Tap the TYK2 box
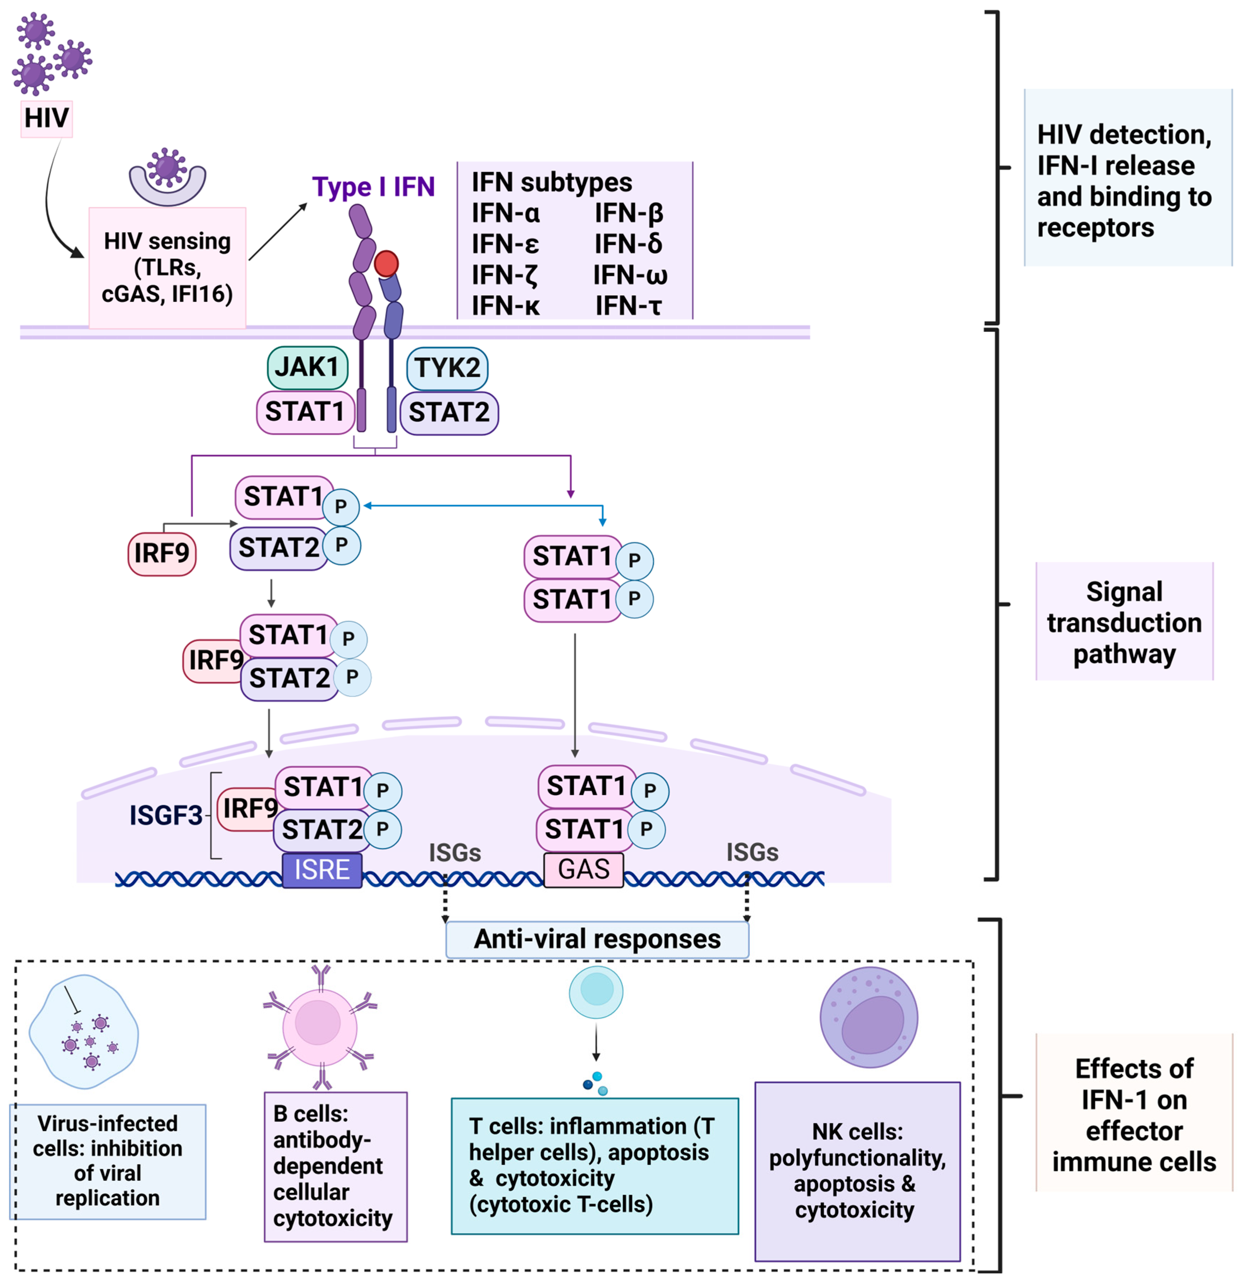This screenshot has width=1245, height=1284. [447, 368]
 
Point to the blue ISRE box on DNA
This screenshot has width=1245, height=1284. [322, 870]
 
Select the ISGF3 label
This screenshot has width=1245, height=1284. [166, 815]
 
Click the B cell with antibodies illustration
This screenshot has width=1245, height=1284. [320, 1027]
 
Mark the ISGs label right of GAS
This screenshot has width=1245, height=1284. [752, 852]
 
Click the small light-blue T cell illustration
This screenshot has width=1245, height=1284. [596, 992]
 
